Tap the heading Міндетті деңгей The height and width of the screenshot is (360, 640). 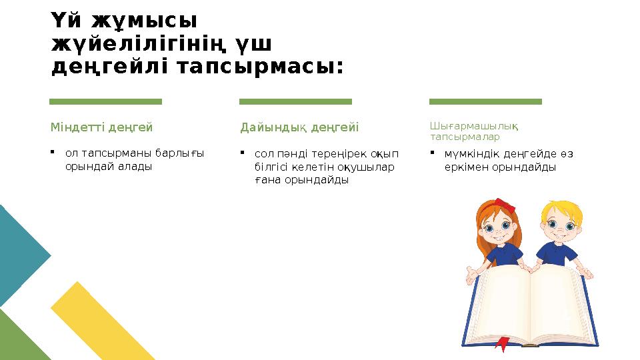(x=101, y=127)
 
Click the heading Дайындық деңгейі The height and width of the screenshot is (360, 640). (x=299, y=127)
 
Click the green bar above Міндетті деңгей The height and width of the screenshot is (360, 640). (x=105, y=101)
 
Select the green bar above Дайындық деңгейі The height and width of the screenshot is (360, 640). (x=295, y=101)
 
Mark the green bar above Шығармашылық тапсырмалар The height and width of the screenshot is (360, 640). (x=485, y=101)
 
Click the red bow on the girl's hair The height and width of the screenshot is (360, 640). (x=504, y=205)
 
